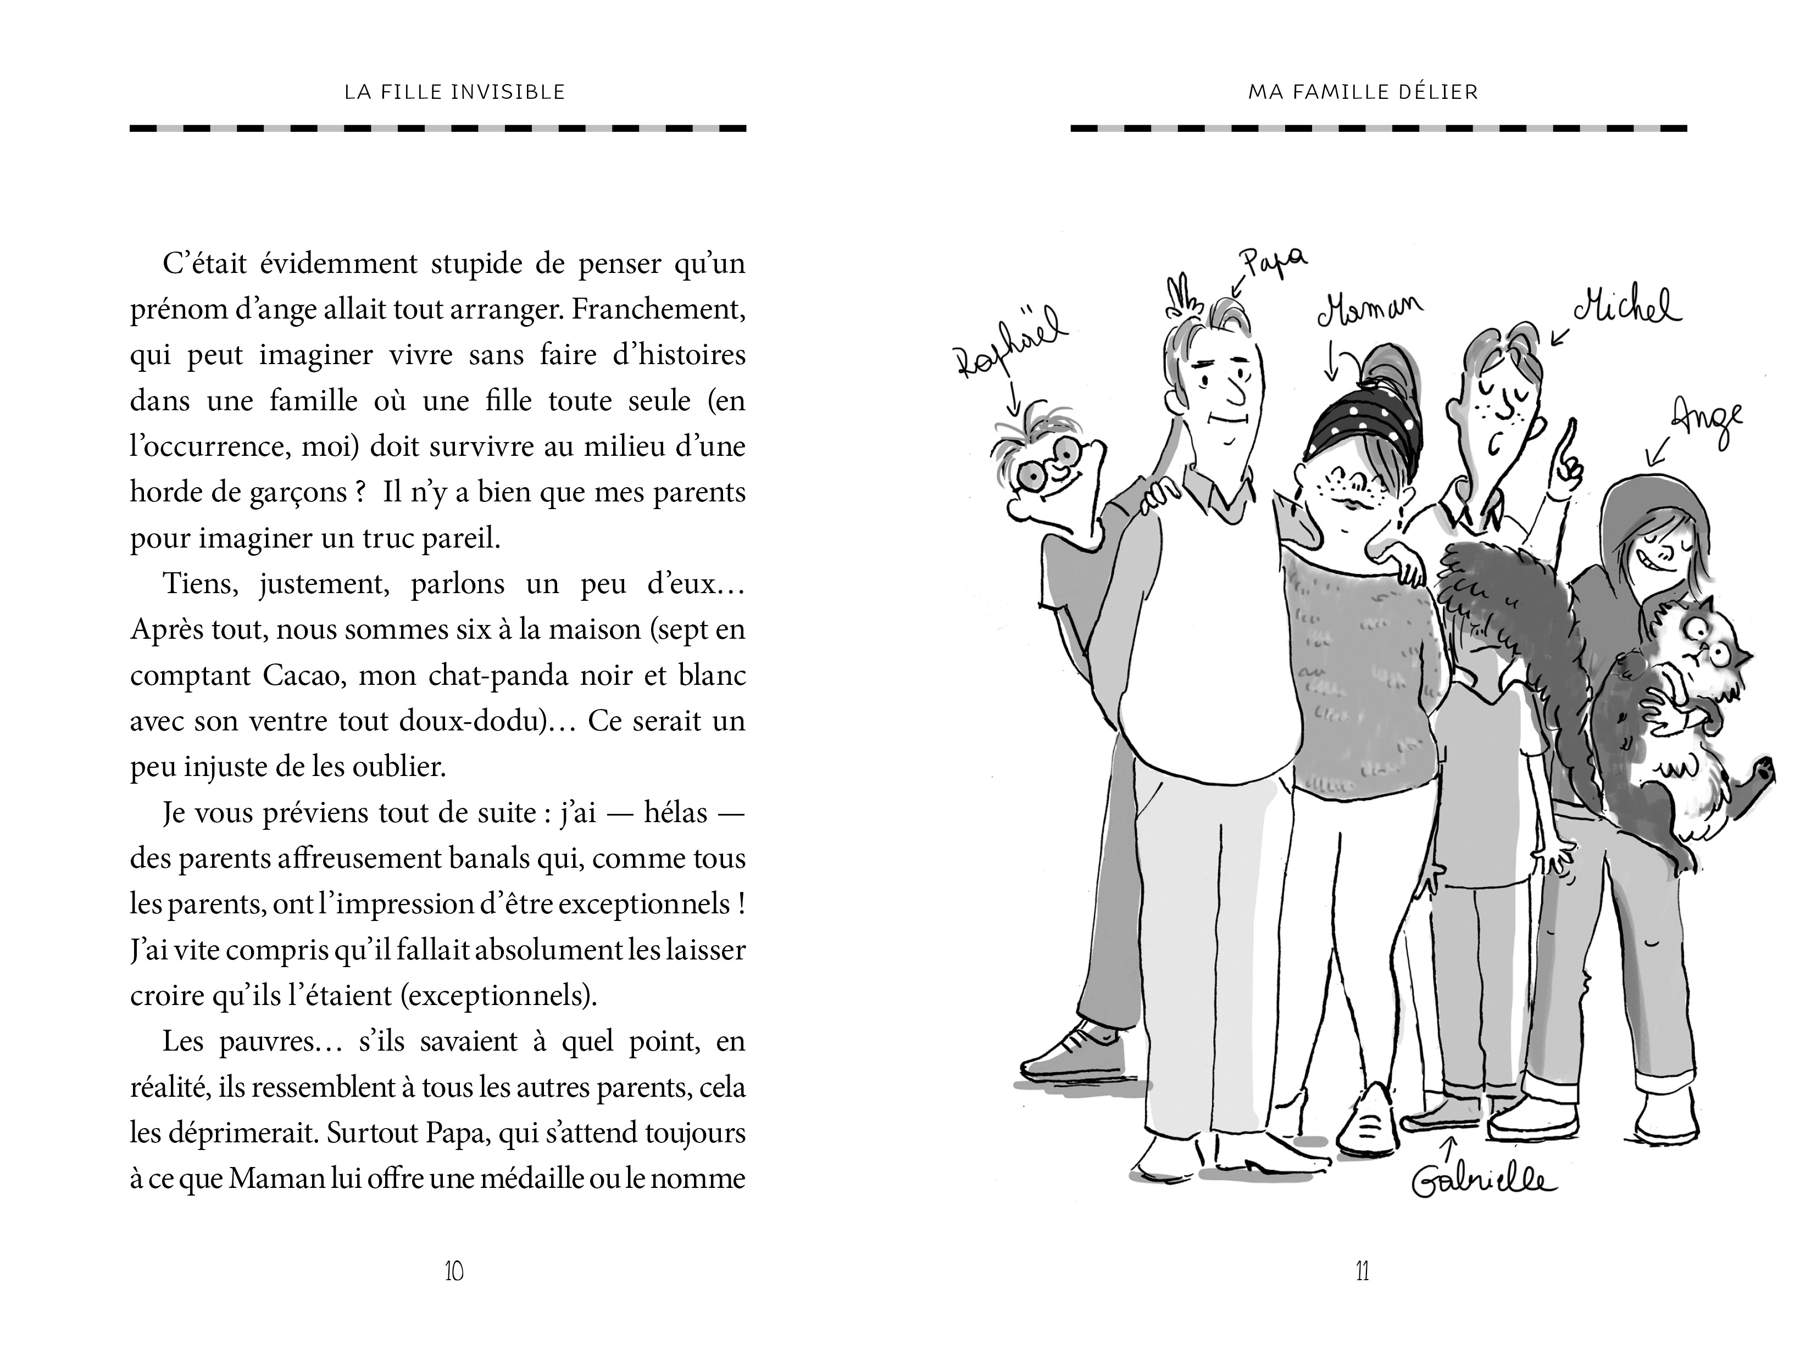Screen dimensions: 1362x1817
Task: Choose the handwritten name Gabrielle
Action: (1483, 1183)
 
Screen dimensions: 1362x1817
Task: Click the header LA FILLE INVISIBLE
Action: (454, 92)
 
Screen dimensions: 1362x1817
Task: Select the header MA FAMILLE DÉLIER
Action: (1363, 92)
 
